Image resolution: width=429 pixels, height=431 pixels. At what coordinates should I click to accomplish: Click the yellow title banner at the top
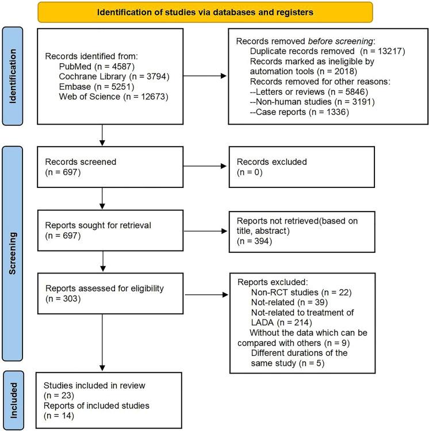point(205,11)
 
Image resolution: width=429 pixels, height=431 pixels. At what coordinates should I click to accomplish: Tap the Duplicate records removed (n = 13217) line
point(315,51)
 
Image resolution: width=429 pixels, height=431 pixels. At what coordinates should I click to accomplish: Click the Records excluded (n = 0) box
point(301,167)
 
